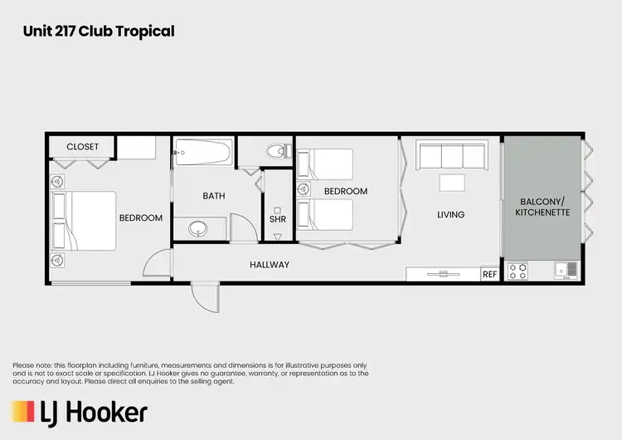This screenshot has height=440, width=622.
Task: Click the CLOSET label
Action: [82, 147]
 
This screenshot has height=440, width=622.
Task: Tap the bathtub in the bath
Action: [202, 154]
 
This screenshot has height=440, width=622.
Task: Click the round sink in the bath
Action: [198, 227]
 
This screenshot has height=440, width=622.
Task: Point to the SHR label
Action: [277, 220]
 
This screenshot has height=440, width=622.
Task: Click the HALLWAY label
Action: [270, 265]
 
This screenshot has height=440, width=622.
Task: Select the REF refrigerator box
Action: [490, 274]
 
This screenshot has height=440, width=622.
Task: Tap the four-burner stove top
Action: [518, 271]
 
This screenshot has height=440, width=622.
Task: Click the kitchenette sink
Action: [566, 271]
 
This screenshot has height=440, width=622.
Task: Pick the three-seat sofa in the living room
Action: [451, 156]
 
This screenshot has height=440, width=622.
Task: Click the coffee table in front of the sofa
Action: [452, 183]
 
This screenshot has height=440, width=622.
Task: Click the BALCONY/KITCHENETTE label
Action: [544, 208]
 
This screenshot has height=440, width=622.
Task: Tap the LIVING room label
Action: [450, 215]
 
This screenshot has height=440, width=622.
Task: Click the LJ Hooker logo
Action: [80, 412]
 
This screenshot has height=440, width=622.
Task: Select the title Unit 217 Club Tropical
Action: [99, 32]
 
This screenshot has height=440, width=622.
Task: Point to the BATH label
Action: [214, 197]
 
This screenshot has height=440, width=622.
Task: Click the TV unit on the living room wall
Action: [444, 273]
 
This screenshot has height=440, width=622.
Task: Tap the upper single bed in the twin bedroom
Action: [325, 164]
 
